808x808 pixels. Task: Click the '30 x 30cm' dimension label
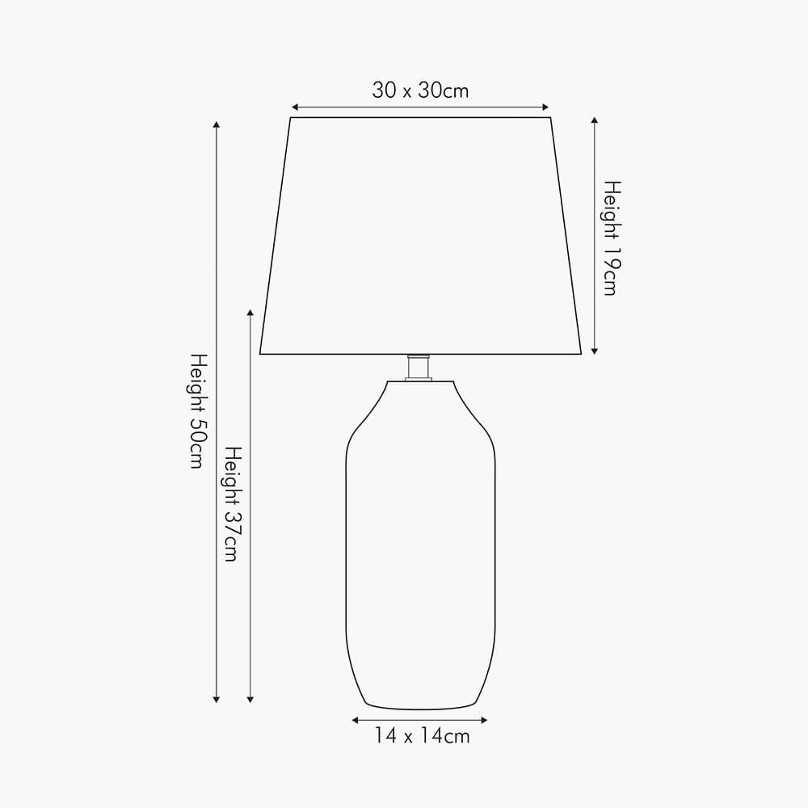420,90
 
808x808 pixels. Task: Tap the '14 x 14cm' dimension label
421,736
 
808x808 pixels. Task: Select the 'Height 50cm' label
196,410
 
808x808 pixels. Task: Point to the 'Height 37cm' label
231,503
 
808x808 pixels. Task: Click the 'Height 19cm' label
610,238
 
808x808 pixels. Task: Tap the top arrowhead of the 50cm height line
216,125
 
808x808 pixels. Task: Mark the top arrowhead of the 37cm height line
250,313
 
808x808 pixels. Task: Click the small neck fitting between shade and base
419,367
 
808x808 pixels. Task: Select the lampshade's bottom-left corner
260,353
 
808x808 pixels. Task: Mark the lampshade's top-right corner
550,118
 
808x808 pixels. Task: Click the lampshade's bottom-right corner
581,353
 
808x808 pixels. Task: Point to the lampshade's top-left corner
290,118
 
